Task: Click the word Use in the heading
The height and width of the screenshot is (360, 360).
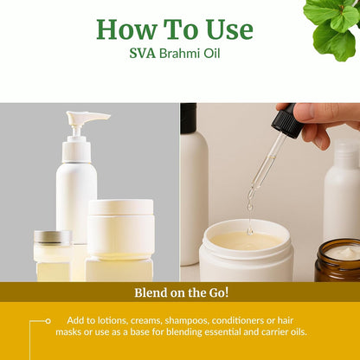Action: click(x=229, y=29)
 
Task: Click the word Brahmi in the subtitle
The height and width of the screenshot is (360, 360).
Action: click(x=178, y=54)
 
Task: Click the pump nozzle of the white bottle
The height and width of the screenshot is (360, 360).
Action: click(x=87, y=119)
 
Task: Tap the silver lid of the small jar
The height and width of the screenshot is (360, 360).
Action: click(x=53, y=237)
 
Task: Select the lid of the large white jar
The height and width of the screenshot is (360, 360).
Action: click(x=120, y=207)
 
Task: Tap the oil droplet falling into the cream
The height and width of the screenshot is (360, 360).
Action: click(x=250, y=231)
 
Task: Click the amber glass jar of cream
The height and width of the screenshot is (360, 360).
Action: click(x=337, y=260)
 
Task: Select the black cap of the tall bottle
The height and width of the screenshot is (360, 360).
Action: click(x=189, y=119)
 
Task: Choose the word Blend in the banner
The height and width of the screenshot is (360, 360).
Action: click(x=151, y=292)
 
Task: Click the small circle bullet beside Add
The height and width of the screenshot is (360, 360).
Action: click(x=48, y=321)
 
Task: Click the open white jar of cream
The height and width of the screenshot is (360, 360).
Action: click(x=246, y=250)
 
